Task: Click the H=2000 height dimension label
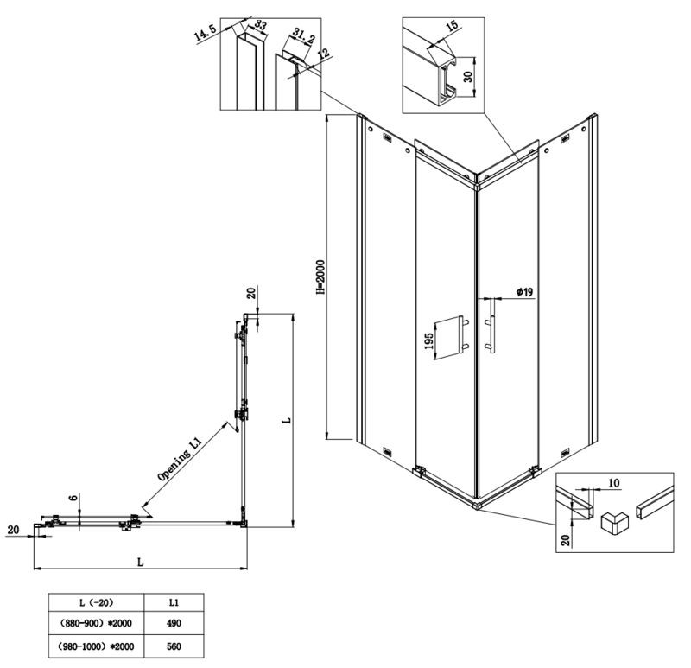(x=320, y=277)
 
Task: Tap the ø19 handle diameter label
(x=525, y=292)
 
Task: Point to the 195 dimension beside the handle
(x=428, y=340)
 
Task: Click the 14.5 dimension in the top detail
(x=205, y=33)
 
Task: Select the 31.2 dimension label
(x=303, y=36)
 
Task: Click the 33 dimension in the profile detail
(x=261, y=25)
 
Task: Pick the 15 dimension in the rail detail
(x=452, y=26)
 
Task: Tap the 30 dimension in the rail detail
(x=467, y=77)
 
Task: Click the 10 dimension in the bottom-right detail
(x=613, y=483)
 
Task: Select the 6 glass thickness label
(x=74, y=497)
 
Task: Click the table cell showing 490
(x=174, y=623)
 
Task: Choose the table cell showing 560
(x=174, y=646)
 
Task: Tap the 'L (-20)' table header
(x=96, y=602)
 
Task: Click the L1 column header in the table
(x=174, y=602)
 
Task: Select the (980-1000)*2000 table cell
(x=96, y=646)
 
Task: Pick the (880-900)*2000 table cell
(x=96, y=623)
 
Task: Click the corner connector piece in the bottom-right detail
(x=615, y=523)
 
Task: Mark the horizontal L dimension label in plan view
(x=141, y=563)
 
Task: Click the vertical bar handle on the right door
(x=491, y=326)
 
